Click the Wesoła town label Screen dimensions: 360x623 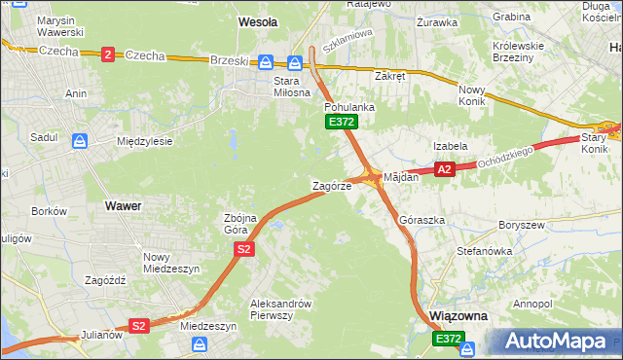pyautogui.click(x=258, y=20)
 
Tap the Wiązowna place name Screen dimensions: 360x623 pyautogui.click(x=458, y=317)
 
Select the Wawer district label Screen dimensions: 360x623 pyautogui.click(x=124, y=206)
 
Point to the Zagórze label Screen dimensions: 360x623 pyautogui.click(x=331, y=186)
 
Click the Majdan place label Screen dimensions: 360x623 pyautogui.click(x=401, y=178)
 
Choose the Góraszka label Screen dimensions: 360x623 pyautogui.click(x=421, y=221)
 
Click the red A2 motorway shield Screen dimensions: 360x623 pyautogui.click(x=445, y=170)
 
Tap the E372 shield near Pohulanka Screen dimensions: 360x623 pyautogui.click(x=342, y=122)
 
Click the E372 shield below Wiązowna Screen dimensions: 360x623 pyautogui.click(x=449, y=339)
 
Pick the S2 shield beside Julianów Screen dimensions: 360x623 pyautogui.click(x=139, y=326)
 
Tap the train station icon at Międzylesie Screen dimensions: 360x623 pyautogui.click(x=80, y=141)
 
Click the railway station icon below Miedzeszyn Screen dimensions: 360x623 pyautogui.click(x=200, y=344)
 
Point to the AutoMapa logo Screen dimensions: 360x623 pyautogui.click(x=556, y=342)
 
